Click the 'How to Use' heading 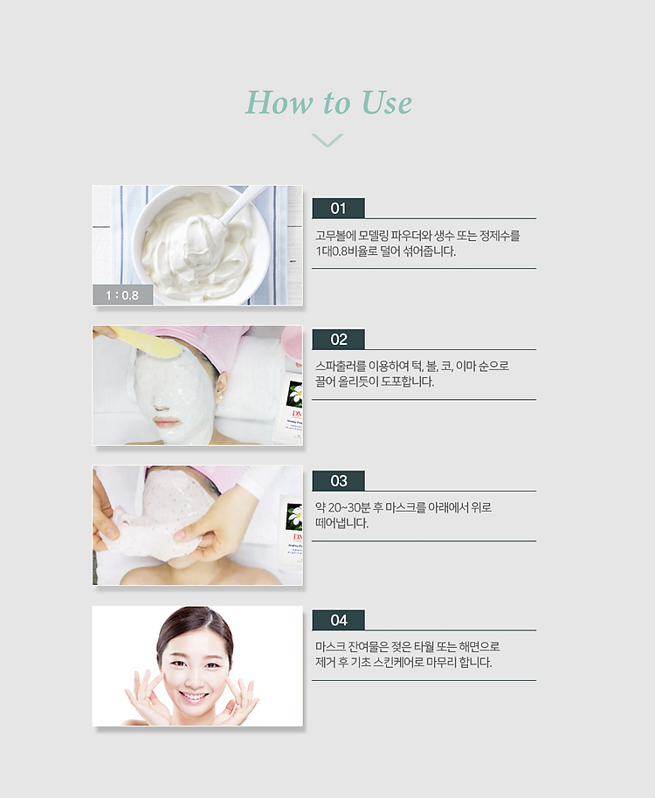(x=328, y=102)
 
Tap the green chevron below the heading (x=327, y=140)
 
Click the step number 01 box (x=339, y=208)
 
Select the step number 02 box (x=339, y=340)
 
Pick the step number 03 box (x=339, y=481)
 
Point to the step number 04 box (x=339, y=621)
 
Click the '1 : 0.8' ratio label (x=122, y=295)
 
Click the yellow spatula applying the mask (x=144, y=342)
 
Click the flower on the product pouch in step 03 (x=294, y=515)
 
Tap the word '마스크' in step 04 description (x=330, y=647)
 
